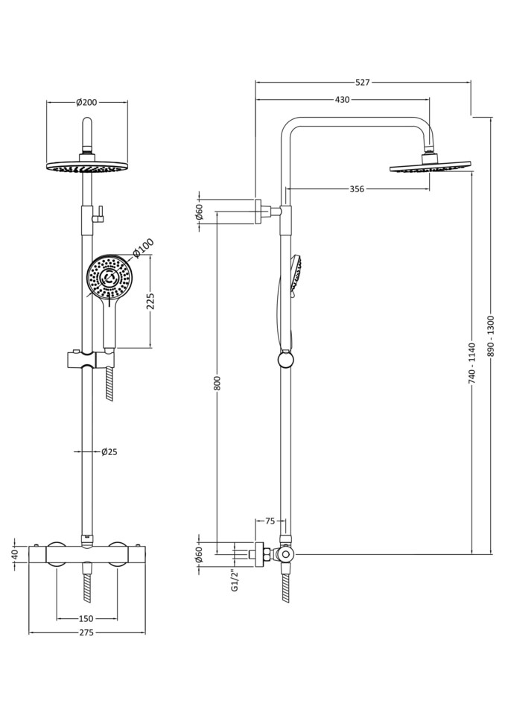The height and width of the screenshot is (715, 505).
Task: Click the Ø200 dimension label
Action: tap(86, 102)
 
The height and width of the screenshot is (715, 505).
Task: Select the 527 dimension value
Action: tap(362, 82)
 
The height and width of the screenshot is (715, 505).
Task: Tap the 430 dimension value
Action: tap(342, 99)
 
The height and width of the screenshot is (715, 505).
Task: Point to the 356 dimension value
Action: tap(357, 189)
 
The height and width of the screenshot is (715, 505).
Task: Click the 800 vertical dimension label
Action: tap(217, 382)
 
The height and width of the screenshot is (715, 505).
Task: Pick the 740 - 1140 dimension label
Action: tap(471, 363)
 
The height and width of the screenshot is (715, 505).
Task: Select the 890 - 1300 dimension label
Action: tap(490, 336)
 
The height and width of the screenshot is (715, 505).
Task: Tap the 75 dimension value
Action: tap(270, 521)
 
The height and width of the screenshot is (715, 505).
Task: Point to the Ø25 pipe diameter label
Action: tap(109, 451)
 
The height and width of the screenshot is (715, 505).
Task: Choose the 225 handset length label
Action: tap(150, 300)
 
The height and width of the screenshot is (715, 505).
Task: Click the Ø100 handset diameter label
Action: tap(143, 247)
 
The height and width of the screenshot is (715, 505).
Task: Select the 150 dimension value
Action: tap(86, 618)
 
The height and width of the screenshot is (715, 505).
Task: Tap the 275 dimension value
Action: tap(86, 633)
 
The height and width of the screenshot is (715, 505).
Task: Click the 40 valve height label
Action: tap(14, 555)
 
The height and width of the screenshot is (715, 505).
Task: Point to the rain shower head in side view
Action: tap(430, 166)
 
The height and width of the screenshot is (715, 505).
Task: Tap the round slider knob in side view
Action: tap(285, 360)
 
